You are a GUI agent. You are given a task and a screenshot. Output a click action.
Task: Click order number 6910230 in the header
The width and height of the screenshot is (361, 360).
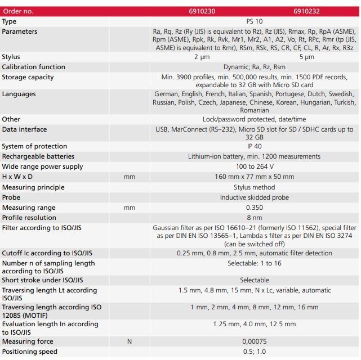click(202, 11)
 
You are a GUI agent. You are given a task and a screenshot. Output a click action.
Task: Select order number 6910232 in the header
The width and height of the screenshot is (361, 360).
click(306, 11)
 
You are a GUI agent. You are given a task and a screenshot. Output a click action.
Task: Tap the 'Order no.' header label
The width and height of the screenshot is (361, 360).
click(18, 11)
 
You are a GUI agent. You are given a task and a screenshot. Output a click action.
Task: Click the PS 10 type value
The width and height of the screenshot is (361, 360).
click(254, 21)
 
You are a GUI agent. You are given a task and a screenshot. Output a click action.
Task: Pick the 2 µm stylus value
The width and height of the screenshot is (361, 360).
click(202, 57)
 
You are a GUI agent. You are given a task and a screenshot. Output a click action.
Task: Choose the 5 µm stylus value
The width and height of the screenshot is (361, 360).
click(306, 57)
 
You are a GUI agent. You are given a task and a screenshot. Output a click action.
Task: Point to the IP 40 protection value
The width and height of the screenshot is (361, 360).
click(254, 146)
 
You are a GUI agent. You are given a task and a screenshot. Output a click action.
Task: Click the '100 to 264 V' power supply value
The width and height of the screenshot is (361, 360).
click(254, 166)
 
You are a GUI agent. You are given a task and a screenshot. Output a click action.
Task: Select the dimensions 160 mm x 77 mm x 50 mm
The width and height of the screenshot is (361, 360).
click(254, 177)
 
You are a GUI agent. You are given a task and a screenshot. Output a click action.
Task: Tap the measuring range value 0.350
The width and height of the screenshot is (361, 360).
click(254, 208)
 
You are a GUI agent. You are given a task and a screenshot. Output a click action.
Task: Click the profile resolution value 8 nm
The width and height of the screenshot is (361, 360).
click(254, 218)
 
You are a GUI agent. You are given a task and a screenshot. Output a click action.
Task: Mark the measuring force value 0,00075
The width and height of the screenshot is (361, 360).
click(254, 341)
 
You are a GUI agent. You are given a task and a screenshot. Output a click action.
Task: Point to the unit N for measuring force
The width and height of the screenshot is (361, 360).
click(130, 341)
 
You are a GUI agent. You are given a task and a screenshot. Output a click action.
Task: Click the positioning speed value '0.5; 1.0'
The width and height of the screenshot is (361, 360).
click(254, 352)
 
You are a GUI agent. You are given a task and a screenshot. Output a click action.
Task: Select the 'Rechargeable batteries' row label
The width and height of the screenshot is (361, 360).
click(38, 156)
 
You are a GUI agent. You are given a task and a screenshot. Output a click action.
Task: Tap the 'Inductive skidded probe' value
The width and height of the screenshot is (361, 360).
click(254, 197)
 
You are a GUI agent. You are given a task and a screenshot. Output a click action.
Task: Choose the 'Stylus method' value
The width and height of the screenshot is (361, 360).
click(254, 187)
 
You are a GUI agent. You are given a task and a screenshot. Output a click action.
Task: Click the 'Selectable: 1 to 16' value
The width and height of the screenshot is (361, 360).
click(254, 263)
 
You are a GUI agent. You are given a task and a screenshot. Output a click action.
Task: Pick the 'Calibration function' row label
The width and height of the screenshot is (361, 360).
click(34, 67)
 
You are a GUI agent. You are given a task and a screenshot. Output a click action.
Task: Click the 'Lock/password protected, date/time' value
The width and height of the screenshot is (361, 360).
click(254, 119)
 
